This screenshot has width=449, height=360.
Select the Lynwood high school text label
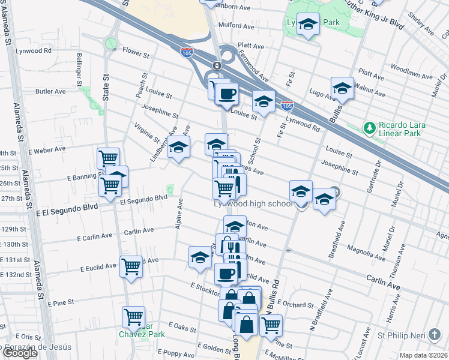(x=253, y=204)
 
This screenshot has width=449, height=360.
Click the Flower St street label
(x=136, y=54)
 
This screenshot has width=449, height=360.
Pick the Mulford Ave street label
(x=237, y=26)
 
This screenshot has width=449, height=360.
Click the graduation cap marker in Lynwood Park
(x=308, y=24)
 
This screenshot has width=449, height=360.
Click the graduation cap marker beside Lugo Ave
(x=342, y=88)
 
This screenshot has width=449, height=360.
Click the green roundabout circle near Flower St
(x=110, y=43)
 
